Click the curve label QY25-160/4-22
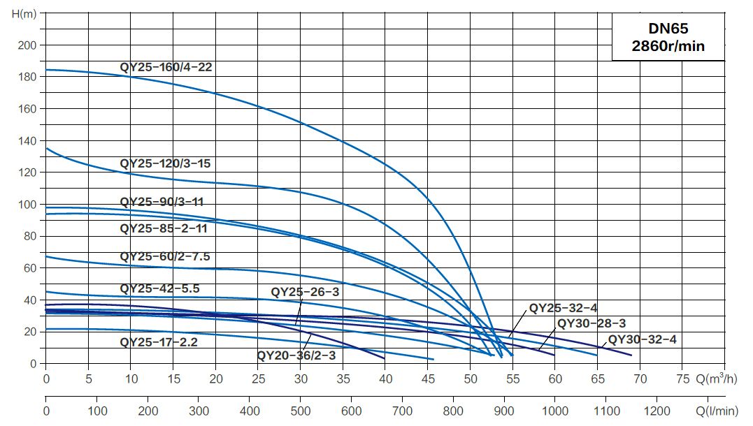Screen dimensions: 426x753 [x=166, y=68]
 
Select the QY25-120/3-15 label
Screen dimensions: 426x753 [x=165, y=163]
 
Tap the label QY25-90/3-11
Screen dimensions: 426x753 [x=162, y=202]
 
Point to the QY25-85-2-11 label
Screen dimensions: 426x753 [x=164, y=228]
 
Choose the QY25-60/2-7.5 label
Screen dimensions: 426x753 [x=165, y=256]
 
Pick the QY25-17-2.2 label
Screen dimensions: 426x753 [x=159, y=342]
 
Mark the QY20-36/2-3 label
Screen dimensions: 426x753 [x=296, y=354]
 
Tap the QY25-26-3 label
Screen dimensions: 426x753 [x=305, y=291]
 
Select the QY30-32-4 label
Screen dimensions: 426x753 [x=642, y=339]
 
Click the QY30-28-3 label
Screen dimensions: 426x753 [x=591, y=323]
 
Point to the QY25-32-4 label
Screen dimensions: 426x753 [x=563, y=307]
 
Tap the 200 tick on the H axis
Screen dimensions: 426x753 [x=27, y=45]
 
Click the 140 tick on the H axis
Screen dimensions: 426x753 [x=27, y=141]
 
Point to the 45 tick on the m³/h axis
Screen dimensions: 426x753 [x=428, y=379]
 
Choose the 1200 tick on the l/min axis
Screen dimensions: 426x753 [x=656, y=411]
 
